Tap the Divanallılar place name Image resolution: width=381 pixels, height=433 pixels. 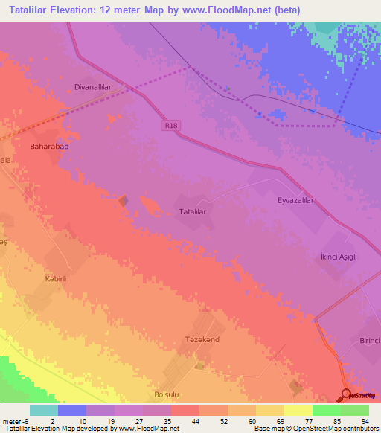pos(92,86)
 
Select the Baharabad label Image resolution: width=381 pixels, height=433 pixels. pos(49,147)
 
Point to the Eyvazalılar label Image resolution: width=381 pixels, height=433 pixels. pos(297,201)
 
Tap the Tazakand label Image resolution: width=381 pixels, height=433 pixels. pos(200,339)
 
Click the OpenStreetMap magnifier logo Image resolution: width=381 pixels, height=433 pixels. pos(347,395)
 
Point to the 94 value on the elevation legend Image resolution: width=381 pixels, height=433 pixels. pos(365,420)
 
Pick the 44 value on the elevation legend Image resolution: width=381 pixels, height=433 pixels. pos(175,420)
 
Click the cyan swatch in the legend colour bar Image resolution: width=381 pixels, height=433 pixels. pos(43,410)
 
